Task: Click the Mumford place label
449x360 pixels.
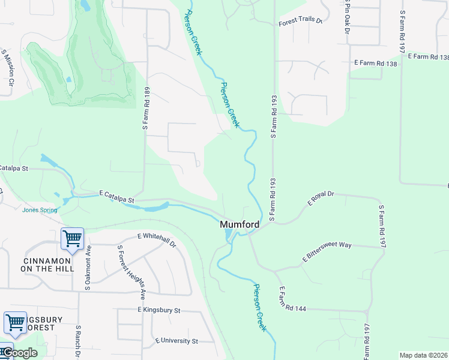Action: tap(240, 225)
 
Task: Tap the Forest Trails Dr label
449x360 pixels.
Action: tap(300, 22)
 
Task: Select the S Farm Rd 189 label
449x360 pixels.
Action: tap(146, 108)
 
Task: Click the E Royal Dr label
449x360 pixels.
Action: tap(321, 199)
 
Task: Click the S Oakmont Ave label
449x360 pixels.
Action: tap(88, 268)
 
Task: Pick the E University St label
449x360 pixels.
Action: tap(176, 341)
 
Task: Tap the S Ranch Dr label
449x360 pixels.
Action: tap(78, 343)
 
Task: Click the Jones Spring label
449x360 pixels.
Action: tap(40, 210)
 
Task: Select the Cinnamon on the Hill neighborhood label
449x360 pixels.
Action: tap(48, 265)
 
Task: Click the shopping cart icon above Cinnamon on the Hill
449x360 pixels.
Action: tap(72, 239)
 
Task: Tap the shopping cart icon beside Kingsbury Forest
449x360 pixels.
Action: tap(15, 322)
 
